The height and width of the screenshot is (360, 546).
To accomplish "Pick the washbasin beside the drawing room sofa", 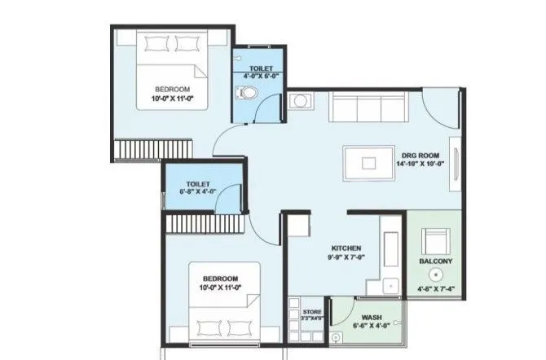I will click(299, 102).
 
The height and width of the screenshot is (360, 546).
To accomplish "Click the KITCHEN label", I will click(346, 248).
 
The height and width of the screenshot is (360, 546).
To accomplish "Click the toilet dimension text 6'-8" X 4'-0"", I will click(200, 191).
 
